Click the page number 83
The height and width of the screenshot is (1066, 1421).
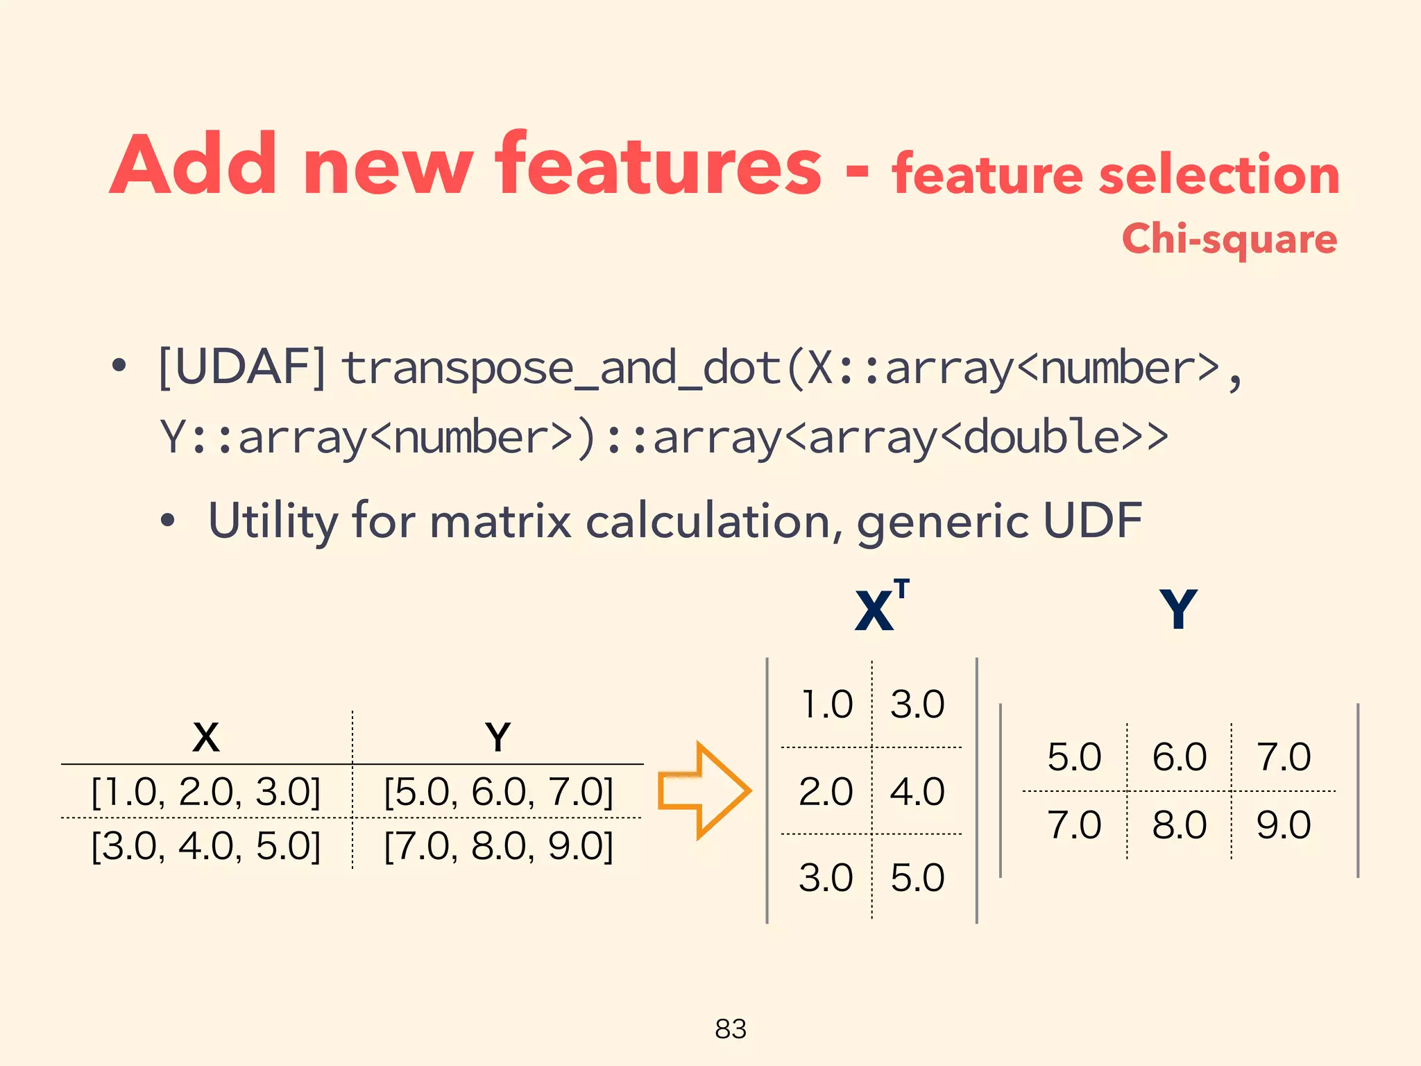coord(731,1029)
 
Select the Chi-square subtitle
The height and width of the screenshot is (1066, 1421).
coord(1229,239)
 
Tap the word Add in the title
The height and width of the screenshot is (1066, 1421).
coord(193,165)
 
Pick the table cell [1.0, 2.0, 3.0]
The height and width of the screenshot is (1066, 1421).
coord(206,791)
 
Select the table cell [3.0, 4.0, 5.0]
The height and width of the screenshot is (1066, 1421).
coord(206,846)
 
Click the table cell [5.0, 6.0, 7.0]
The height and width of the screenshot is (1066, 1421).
coord(499,791)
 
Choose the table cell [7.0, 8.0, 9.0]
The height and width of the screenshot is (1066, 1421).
coord(499,846)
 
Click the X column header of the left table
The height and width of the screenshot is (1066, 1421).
coord(206,737)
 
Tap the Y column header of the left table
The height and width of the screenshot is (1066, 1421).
coord(498,737)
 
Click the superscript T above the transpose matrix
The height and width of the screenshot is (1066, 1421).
coord(901,589)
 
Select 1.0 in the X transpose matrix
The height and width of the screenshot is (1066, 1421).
coord(826,704)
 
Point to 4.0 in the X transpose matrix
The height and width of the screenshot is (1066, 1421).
coord(917,791)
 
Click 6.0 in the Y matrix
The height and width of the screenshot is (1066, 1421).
coord(1179,756)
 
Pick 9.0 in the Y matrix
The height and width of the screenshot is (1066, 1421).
coord(1284,825)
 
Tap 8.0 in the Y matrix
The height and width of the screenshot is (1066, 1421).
coord(1179,825)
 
